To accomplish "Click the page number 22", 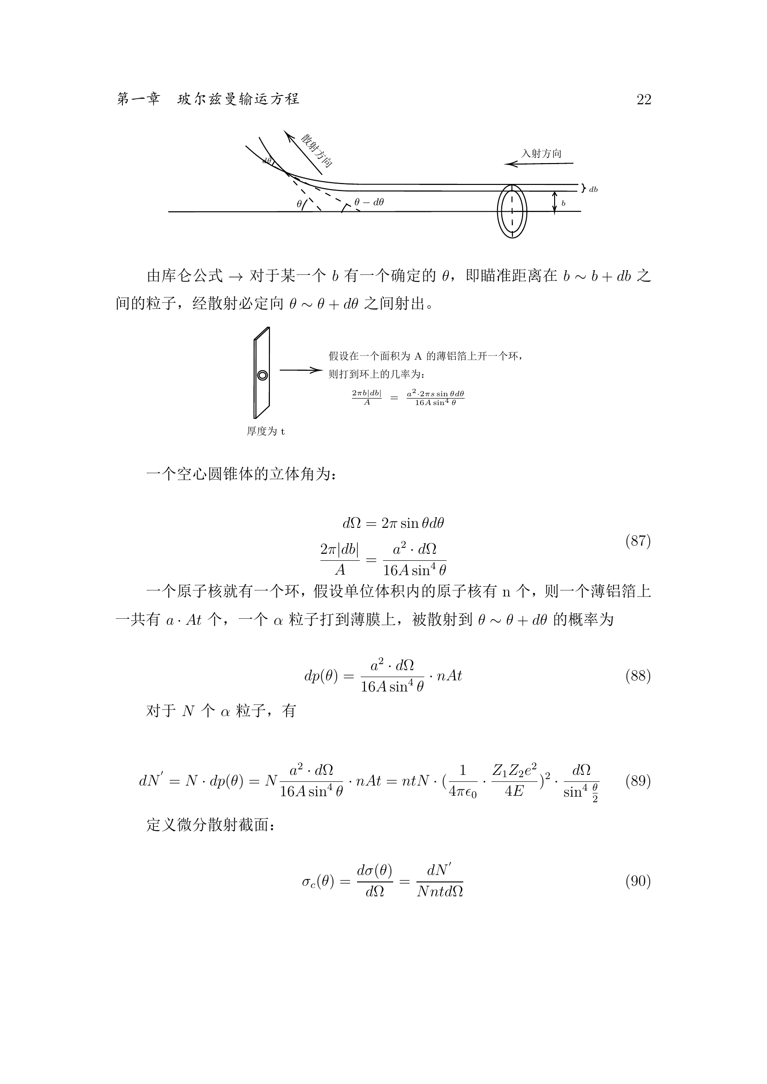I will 644,100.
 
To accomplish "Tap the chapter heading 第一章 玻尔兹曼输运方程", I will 208,99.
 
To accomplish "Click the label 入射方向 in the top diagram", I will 541,153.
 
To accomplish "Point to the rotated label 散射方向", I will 317,151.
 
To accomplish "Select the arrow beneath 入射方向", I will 538,164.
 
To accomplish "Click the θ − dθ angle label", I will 369,203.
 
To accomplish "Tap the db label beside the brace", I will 593,190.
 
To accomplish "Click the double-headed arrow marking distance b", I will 555,203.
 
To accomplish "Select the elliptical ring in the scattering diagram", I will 512,210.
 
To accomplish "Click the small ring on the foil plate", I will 262,375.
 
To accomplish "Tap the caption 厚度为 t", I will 266,431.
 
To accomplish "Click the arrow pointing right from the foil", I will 300,370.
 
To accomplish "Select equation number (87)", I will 638,541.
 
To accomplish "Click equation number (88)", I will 638,676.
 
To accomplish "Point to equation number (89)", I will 638,781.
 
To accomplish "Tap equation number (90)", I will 638,881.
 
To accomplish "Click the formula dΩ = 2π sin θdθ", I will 393,523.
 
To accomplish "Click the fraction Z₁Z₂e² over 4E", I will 514,781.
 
